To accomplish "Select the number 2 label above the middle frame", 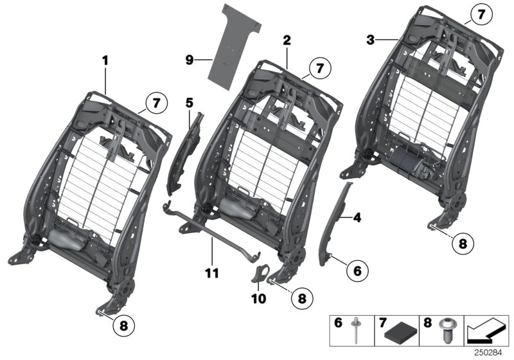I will [x=287, y=40].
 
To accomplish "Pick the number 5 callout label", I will [x=189, y=102].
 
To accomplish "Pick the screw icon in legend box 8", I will [x=444, y=331].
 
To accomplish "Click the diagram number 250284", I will [x=490, y=352].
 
